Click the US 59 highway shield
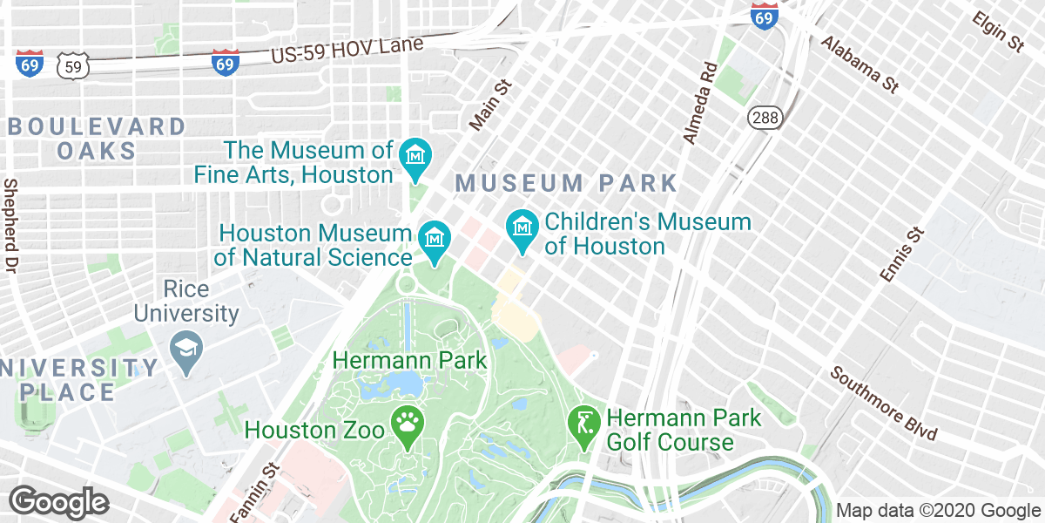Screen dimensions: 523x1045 point(72,65)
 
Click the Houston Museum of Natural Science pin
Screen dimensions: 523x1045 point(434,238)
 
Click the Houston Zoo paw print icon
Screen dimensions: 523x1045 point(407,425)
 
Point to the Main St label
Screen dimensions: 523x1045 point(487,106)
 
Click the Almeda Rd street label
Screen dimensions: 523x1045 point(699,103)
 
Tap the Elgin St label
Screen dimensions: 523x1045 point(998,31)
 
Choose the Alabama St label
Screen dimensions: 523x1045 point(859,65)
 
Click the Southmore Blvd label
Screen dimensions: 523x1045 point(882,403)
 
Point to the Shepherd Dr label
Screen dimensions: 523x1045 point(11,226)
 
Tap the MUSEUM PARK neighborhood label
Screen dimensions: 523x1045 point(566,183)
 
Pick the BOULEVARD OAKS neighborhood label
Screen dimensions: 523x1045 point(97,138)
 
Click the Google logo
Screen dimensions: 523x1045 point(59,503)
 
